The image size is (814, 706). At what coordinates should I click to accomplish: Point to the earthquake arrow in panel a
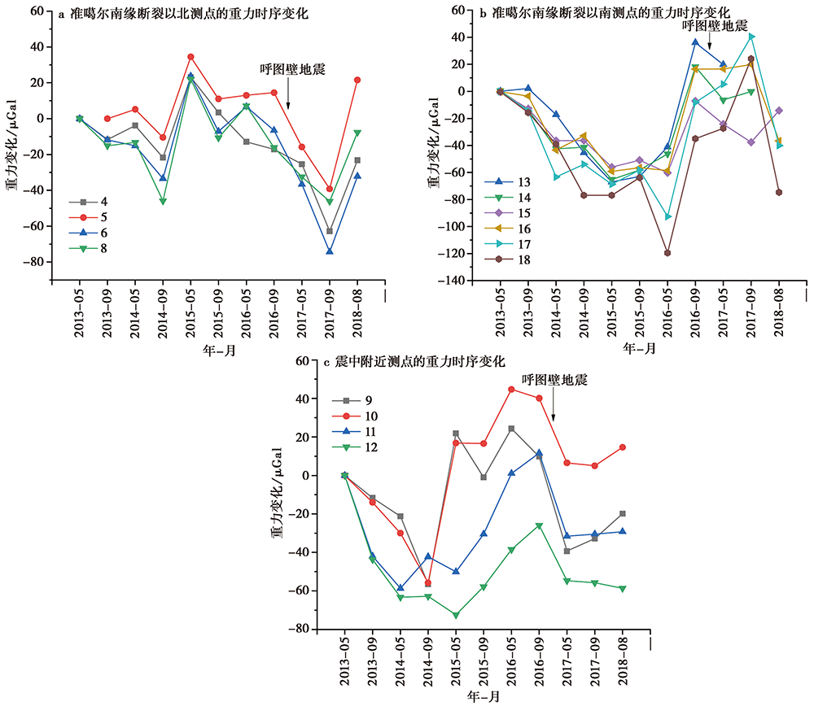(x=288, y=96)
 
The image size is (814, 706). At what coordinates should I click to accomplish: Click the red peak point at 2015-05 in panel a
(x=190, y=57)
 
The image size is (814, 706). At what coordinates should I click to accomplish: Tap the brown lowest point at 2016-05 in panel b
(x=667, y=253)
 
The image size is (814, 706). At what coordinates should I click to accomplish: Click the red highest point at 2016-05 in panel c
(x=511, y=390)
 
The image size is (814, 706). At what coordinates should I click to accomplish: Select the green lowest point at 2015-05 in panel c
(x=456, y=615)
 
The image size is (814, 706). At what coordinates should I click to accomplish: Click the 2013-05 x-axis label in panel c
(x=345, y=664)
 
